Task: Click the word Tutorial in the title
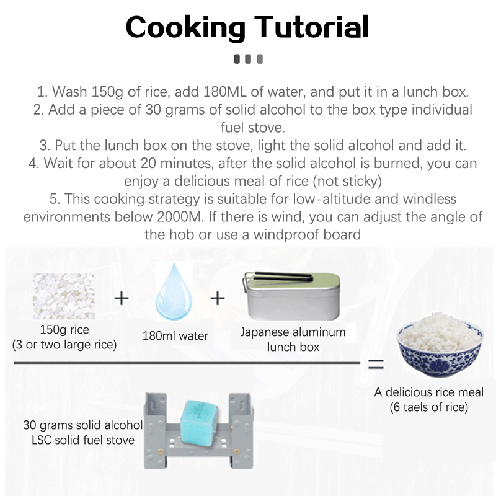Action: coord(312,27)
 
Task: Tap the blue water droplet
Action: coord(174,291)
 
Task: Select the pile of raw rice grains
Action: coord(64,296)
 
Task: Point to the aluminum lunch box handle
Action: coord(278,277)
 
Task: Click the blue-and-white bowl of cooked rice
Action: coord(440,345)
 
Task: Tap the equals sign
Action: coord(376,364)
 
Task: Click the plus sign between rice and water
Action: coord(122,298)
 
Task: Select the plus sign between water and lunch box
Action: coord(218,298)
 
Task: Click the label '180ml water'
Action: coord(175,335)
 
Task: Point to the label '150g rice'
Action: coord(64,330)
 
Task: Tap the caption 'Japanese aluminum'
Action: coord(293,332)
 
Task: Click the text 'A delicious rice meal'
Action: coord(429,392)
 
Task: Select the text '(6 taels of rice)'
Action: coord(429,407)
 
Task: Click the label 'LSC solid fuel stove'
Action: coord(83,440)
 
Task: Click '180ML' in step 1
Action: coord(225,92)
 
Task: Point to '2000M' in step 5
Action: coord(180,217)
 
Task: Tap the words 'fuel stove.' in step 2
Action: coord(253,128)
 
